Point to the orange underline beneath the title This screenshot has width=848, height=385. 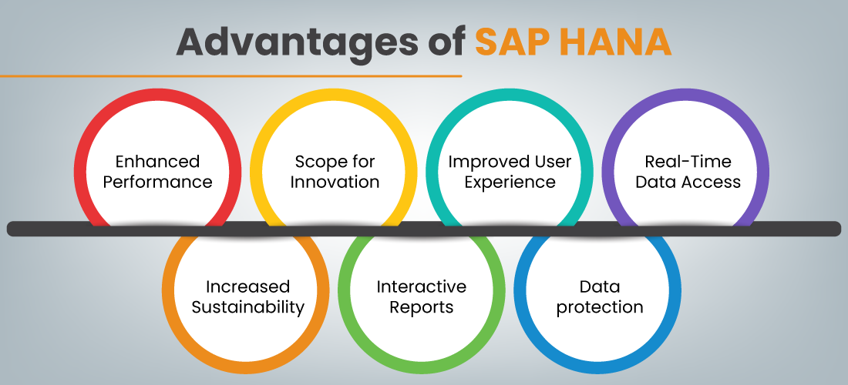point(231,76)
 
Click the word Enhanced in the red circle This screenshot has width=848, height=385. point(157,162)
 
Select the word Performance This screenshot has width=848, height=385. point(157,182)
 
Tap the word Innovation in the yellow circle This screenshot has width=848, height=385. point(335,182)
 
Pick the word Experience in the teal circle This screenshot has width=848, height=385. point(510,182)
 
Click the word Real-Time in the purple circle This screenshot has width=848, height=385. point(687,162)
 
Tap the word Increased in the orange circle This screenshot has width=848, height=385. point(247,286)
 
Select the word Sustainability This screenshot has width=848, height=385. point(247,307)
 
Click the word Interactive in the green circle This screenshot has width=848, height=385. point(421,286)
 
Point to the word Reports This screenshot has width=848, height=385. point(421,307)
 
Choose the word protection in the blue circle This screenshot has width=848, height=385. point(600,307)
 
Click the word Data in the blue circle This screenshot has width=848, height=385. point(600,286)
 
